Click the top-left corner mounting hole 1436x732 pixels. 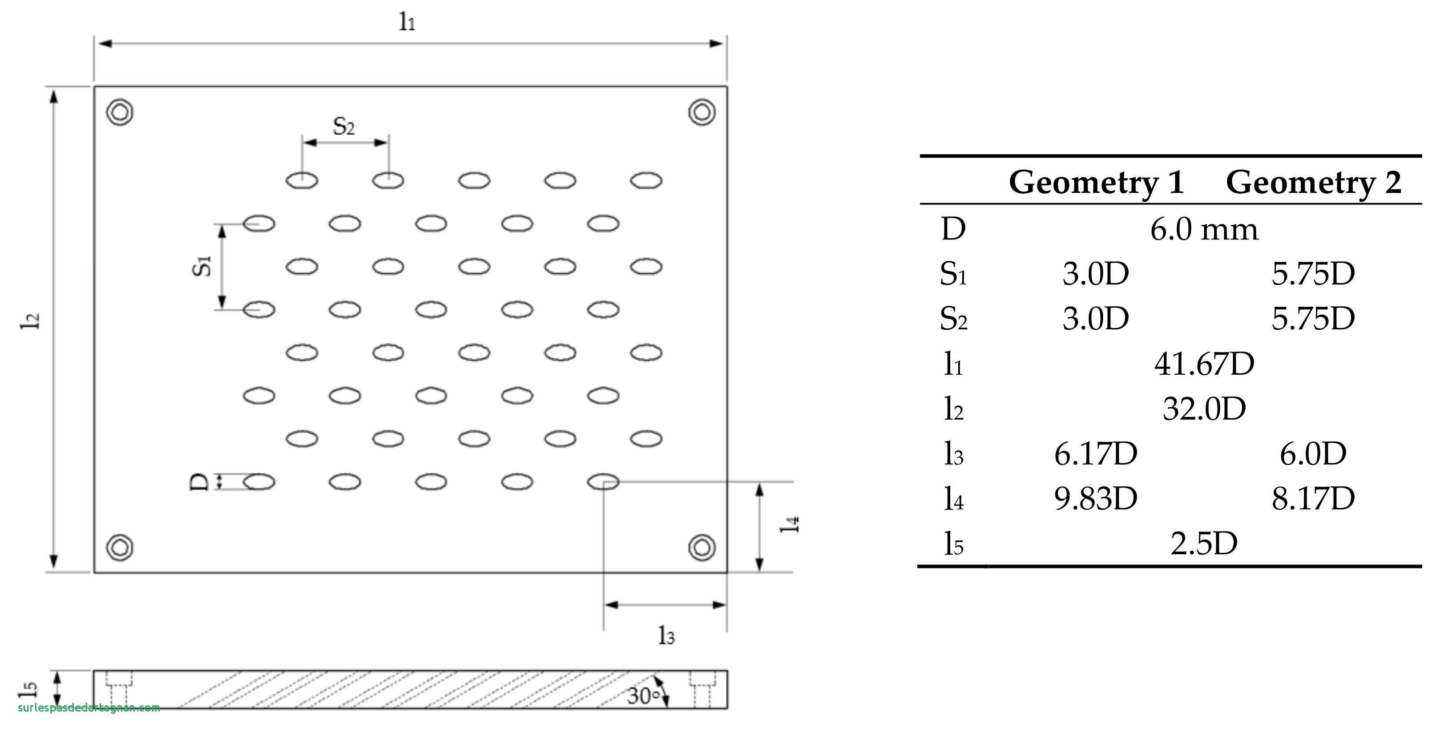pyautogui.click(x=120, y=112)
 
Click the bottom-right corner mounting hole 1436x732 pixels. pyautogui.click(x=702, y=547)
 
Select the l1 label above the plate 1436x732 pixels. pyautogui.click(x=407, y=21)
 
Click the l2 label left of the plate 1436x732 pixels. pyautogui.click(x=31, y=320)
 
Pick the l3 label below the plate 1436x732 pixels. pyautogui.click(x=666, y=635)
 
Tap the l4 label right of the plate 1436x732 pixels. pyautogui.click(x=789, y=524)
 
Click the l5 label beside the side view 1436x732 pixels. pyautogui.click(x=28, y=688)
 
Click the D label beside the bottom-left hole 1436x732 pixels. pyautogui.click(x=199, y=482)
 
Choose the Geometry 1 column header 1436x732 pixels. pyautogui.click(x=1096, y=182)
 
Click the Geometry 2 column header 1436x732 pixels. pyautogui.click(x=1313, y=182)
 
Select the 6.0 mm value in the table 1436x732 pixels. pyautogui.click(x=1204, y=229)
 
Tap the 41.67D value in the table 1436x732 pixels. pyautogui.click(x=1204, y=364)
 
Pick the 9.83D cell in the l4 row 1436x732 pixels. pyautogui.click(x=1095, y=498)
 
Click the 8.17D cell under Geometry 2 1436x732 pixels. pyautogui.click(x=1313, y=498)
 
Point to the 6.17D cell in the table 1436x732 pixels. pyautogui.click(x=1095, y=453)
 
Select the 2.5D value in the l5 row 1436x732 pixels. pyautogui.click(x=1204, y=543)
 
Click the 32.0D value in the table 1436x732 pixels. pyautogui.click(x=1204, y=408)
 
